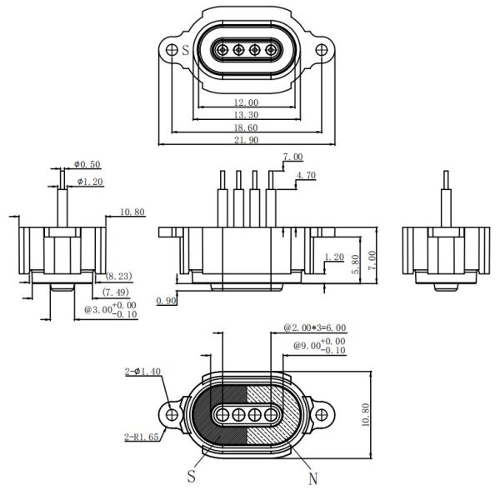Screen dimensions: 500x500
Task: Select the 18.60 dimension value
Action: pos(247,128)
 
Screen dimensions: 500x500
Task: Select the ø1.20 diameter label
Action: pos(90,181)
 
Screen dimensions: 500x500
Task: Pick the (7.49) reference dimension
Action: pos(117,292)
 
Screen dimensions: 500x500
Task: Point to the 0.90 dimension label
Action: pos(167,299)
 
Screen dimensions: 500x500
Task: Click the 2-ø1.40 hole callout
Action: pos(143,372)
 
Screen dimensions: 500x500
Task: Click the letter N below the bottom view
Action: pos(313,479)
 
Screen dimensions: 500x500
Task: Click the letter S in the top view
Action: pos(185,50)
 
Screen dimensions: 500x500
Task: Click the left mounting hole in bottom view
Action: pos(172,412)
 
